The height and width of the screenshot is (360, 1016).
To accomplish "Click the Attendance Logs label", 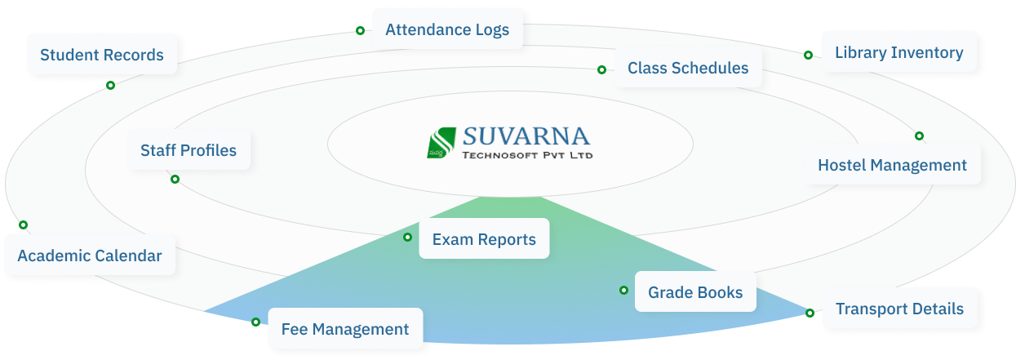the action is [447, 29].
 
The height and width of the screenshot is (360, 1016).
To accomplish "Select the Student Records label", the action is [101, 55].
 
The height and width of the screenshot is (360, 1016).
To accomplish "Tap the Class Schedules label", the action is [688, 68].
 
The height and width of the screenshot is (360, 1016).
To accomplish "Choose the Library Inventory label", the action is [899, 53].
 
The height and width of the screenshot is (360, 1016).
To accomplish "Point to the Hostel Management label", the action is [892, 165].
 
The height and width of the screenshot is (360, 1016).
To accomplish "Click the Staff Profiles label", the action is [189, 150].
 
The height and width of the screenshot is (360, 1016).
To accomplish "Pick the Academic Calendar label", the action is [89, 256].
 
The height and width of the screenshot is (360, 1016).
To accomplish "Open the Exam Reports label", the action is [484, 239].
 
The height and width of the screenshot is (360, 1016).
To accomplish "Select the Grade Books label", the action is [695, 292].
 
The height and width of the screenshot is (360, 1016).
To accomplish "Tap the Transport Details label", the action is [899, 309].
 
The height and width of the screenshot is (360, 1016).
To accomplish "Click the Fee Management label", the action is [344, 329].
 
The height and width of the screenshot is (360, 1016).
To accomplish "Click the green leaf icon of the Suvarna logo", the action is [441, 143].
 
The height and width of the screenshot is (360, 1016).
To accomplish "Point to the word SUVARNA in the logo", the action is [526, 136].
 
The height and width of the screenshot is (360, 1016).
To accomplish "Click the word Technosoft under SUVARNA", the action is [499, 155].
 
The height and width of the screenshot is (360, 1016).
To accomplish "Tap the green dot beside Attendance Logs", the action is [360, 30].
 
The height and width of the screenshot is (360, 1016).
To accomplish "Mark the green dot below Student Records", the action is [110, 85].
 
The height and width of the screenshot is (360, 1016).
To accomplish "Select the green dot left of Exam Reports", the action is [407, 237].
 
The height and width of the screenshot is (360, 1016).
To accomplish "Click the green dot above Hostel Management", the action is [919, 136].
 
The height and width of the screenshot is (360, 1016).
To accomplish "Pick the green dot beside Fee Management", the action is [255, 322].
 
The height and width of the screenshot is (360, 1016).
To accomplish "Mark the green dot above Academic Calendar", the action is [23, 224].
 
